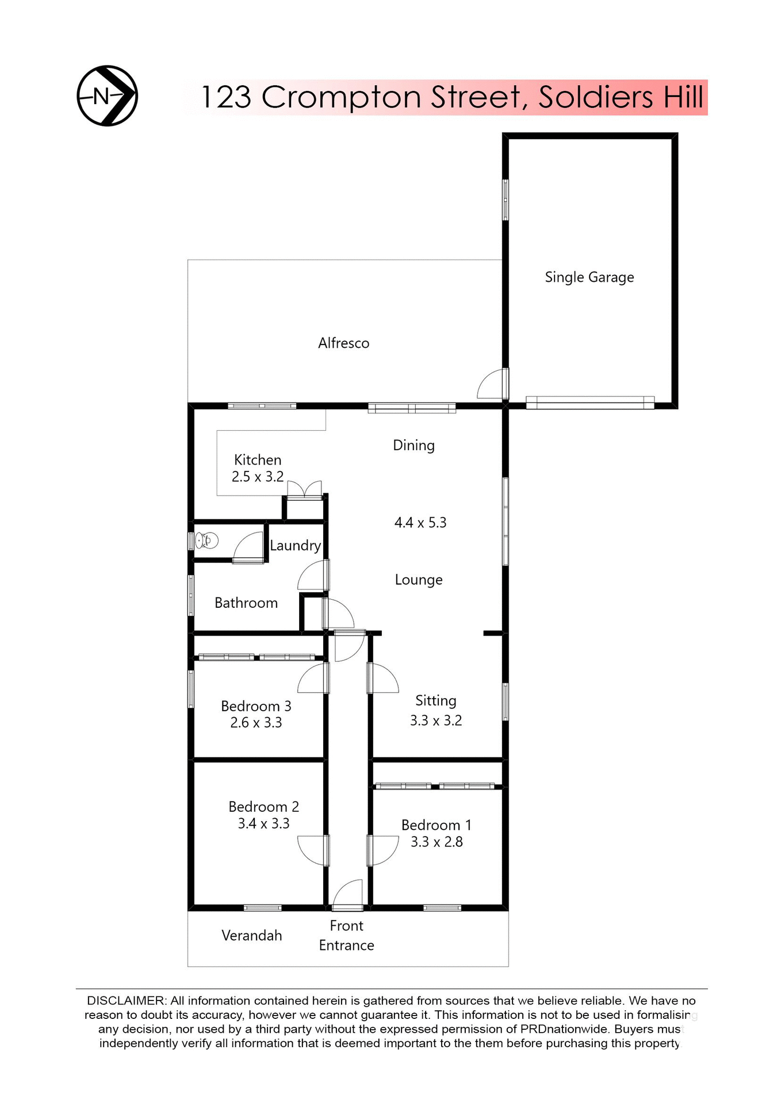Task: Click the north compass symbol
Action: click(x=108, y=95)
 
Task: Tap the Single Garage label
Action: click(x=589, y=277)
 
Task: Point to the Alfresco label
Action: click(x=343, y=343)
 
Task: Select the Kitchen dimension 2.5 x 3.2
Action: click(x=258, y=477)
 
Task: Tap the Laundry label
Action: click(x=295, y=545)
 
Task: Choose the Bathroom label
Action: click(x=246, y=603)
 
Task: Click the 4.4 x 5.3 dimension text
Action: click(x=420, y=523)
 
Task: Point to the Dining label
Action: click(x=414, y=445)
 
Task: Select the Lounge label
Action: click(x=419, y=580)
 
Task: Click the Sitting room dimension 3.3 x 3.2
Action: click(x=436, y=720)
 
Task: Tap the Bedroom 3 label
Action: click(x=256, y=706)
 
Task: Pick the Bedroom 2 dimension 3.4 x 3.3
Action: click(x=263, y=823)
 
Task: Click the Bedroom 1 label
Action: click(x=436, y=825)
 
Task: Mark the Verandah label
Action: click(x=252, y=936)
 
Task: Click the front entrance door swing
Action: click(x=349, y=895)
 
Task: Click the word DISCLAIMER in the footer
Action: click(x=126, y=1000)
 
